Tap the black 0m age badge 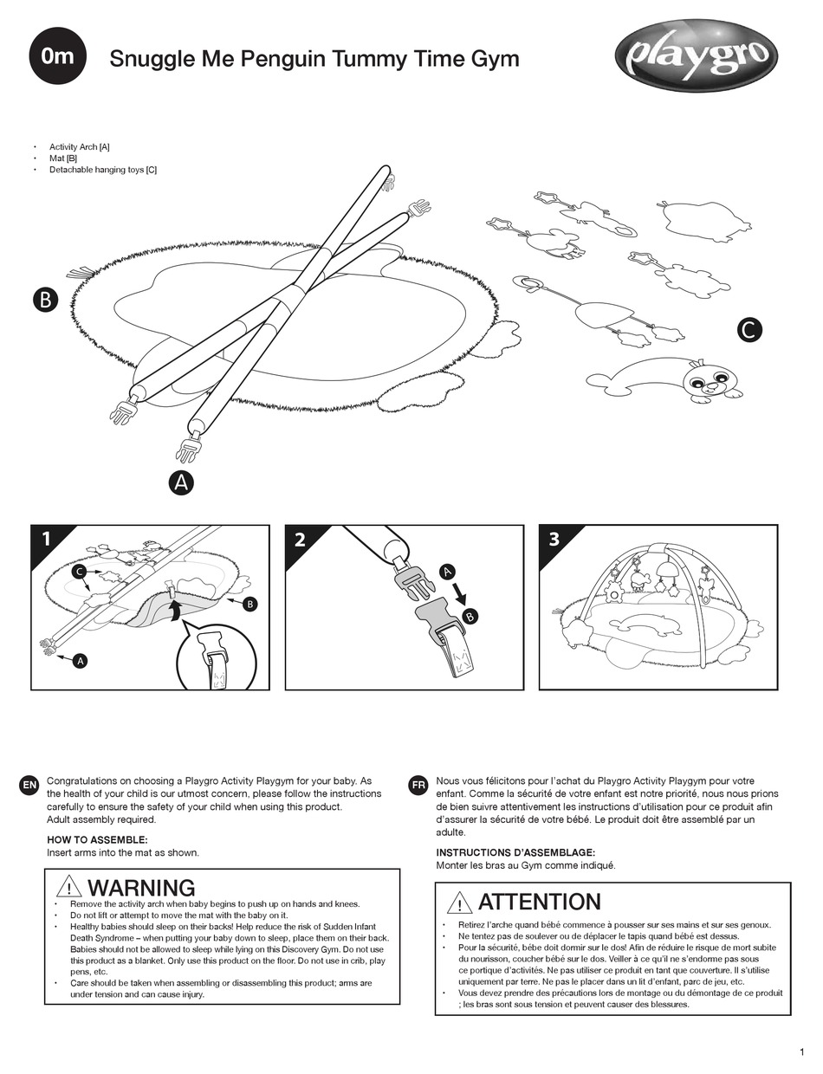pyautogui.click(x=58, y=56)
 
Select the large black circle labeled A pyautogui.click(x=181, y=483)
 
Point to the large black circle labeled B pyautogui.click(x=44, y=300)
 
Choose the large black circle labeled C pyautogui.click(x=749, y=329)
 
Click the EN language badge pyautogui.click(x=29, y=785)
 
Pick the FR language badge pyautogui.click(x=418, y=785)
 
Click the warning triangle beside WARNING pyautogui.click(x=68, y=888)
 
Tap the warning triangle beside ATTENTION pyautogui.click(x=459, y=903)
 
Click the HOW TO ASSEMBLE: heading pyautogui.click(x=97, y=839)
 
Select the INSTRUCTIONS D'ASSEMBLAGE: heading pyautogui.click(x=515, y=852)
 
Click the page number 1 pyautogui.click(x=801, y=1051)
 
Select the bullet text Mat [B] pyautogui.click(x=63, y=159)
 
